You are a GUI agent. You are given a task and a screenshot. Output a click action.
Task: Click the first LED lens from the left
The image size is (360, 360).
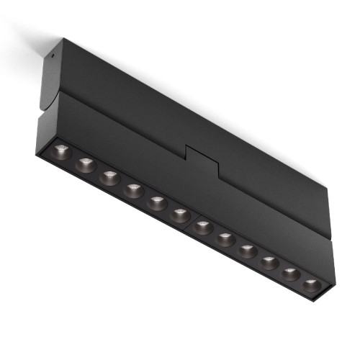(60, 151)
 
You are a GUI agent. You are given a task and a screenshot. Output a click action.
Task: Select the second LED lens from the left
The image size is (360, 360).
(86, 165)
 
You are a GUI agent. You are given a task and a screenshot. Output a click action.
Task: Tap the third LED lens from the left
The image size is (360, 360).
(109, 177)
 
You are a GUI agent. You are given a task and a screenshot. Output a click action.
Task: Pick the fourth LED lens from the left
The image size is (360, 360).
(133, 190)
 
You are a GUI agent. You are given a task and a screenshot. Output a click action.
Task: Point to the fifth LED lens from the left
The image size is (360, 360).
(157, 202)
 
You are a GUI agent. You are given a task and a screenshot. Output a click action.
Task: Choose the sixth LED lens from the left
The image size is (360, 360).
(180, 215)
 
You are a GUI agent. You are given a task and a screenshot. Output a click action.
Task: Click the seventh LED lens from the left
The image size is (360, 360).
(204, 228)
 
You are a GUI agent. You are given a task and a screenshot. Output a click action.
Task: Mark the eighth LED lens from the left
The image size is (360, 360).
(226, 239)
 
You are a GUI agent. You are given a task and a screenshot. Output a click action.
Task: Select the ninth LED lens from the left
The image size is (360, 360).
(248, 251)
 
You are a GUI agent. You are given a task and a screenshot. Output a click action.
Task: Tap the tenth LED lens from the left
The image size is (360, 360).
(269, 262)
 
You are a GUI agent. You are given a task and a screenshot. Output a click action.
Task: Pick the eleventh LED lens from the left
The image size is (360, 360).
(290, 273)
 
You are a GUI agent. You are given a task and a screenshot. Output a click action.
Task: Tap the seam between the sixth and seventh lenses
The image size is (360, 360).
(192, 222)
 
